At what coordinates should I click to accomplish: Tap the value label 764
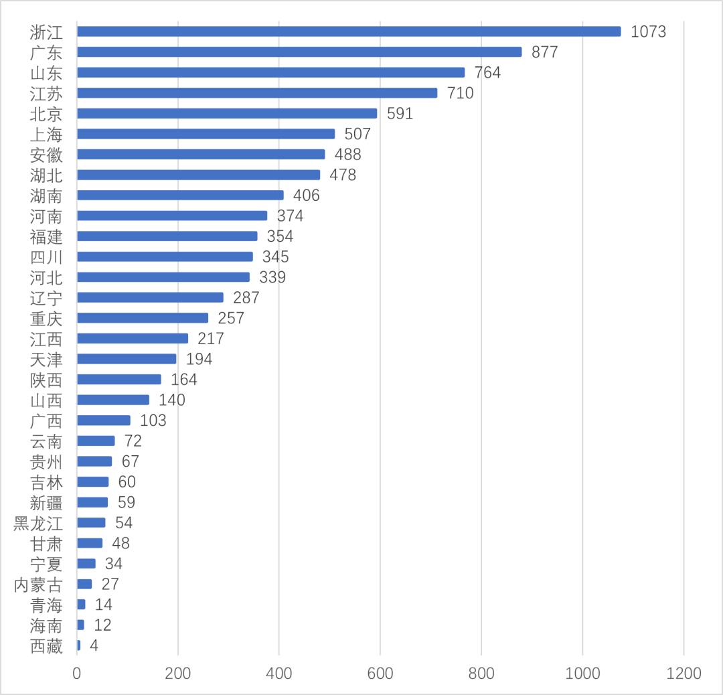[x=487, y=72]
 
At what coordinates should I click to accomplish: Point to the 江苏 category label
[x=46, y=93]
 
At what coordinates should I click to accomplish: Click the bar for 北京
[x=227, y=113]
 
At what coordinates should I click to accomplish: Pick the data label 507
[x=357, y=134]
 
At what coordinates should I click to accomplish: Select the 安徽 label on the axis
[x=46, y=155]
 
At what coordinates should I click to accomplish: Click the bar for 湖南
[x=180, y=196]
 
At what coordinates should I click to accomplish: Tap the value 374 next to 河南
[x=290, y=216]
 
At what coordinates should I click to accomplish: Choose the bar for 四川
[x=165, y=256]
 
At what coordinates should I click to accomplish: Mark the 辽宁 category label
[x=46, y=298]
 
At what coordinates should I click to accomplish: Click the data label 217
[x=211, y=339]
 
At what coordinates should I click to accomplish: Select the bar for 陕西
[x=119, y=380]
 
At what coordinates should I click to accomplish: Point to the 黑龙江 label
[x=38, y=523]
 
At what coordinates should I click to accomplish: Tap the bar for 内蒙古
[x=84, y=584]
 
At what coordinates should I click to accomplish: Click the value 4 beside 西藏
[x=94, y=646]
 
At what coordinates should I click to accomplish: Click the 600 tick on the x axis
[x=380, y=673]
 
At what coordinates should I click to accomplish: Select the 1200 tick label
[x=683, y=673]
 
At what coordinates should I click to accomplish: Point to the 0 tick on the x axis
[x=77, y=673]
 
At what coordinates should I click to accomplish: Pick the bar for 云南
[x=96, y=441]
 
